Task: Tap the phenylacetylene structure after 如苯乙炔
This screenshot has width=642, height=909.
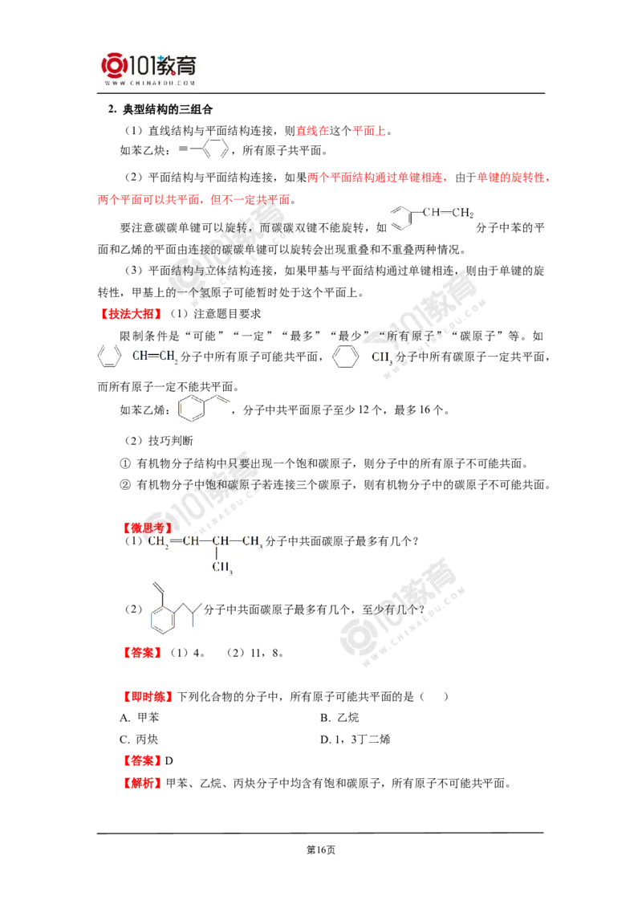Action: pos(204,149)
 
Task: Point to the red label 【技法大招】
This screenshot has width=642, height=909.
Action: pos(131,314)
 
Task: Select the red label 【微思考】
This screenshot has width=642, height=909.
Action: pos(147,528)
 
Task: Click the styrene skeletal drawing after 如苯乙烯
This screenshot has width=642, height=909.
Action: pos(204,408)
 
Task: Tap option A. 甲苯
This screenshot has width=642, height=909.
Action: pos(139,718)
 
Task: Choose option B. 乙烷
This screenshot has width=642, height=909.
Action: pos(339,718)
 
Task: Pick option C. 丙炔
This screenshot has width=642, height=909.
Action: pos(139,739)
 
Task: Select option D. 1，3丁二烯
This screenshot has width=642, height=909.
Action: pos(356,739)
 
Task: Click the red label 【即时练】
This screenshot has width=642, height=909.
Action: pos(147,696)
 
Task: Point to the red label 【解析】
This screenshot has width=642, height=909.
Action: pos(142,783)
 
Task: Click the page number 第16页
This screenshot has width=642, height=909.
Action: pos(321,850)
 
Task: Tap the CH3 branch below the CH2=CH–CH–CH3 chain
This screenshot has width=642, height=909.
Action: pos(222,567)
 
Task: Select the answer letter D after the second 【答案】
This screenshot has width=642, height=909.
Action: pos(169,761)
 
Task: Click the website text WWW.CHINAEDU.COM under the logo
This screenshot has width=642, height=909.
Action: pos(150,83)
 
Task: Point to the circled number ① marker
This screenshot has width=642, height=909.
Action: pos(125,463)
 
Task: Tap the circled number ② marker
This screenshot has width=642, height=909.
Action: pos(125,485)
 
